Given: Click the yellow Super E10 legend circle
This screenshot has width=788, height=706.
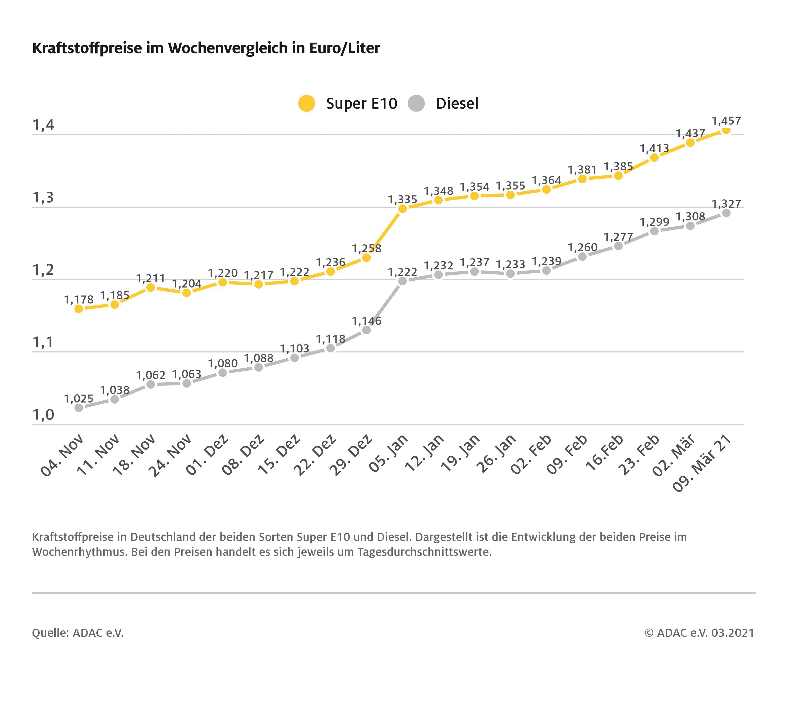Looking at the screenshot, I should click(306, 103).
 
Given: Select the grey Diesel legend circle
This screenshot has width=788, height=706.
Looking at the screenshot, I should click(416, 103).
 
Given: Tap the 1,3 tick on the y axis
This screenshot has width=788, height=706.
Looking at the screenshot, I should click(43, 198).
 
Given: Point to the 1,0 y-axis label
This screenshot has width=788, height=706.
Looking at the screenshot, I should click(43, 415).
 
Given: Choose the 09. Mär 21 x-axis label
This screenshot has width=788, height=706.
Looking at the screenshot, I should click(702, 463).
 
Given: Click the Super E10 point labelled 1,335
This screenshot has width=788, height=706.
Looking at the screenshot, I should click(402, 209).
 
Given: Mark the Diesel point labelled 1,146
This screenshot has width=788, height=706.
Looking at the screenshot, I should click(366, 330).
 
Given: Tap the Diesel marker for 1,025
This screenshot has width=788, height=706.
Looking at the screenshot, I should click(79, 408).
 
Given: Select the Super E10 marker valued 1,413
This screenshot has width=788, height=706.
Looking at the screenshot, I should click(654, 158).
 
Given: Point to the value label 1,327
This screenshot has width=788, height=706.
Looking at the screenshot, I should click(726, 204).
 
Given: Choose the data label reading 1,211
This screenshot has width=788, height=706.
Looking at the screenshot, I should click(150, 278).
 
